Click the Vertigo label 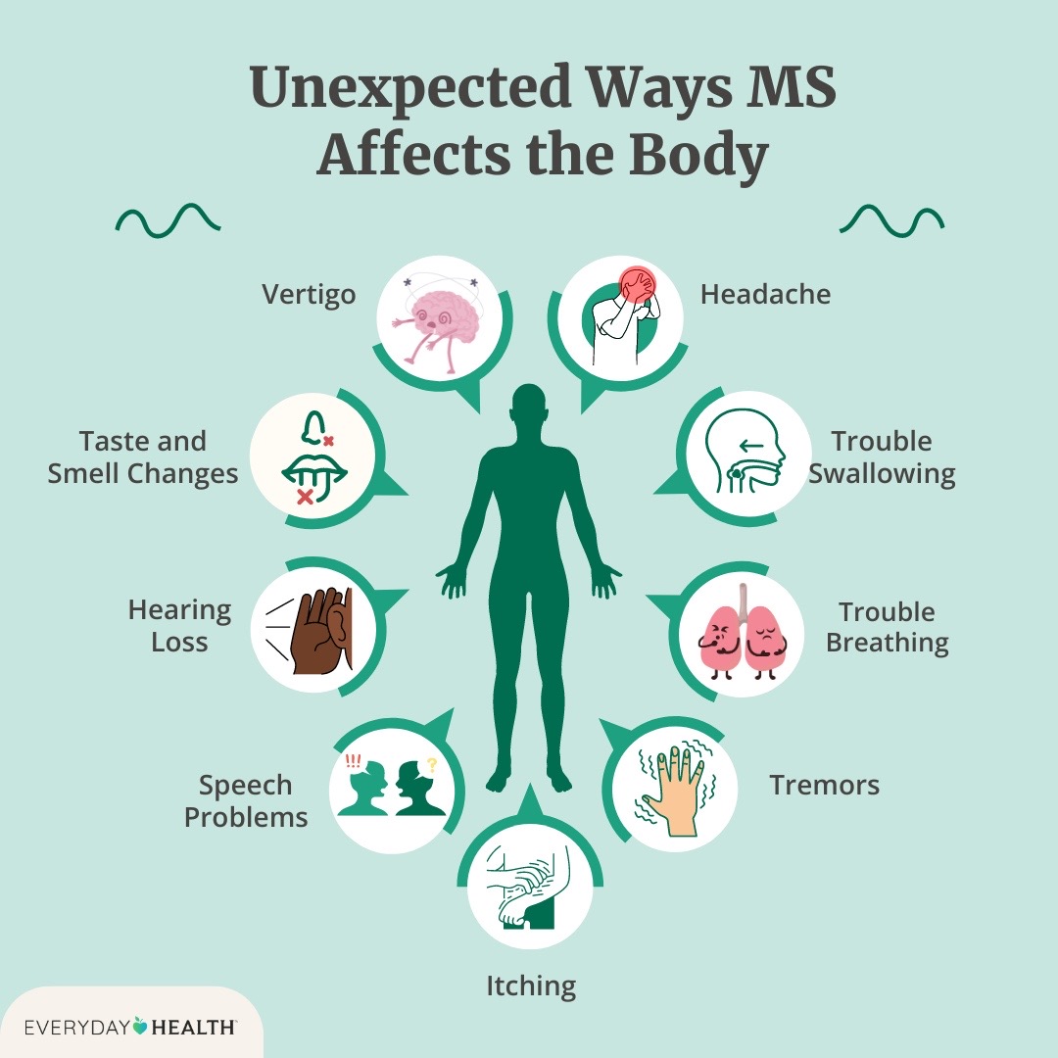coord(309,295)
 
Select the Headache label coord(765,294)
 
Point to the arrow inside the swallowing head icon coord(751,446)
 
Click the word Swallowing coord(882,474)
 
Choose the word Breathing coord(888,643)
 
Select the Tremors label coord(825,785)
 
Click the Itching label coord(531,986)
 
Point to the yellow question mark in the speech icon coord(432,764)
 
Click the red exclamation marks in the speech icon coord(353,762)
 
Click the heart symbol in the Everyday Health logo coord(140,1026)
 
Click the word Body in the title coord(699,155)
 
